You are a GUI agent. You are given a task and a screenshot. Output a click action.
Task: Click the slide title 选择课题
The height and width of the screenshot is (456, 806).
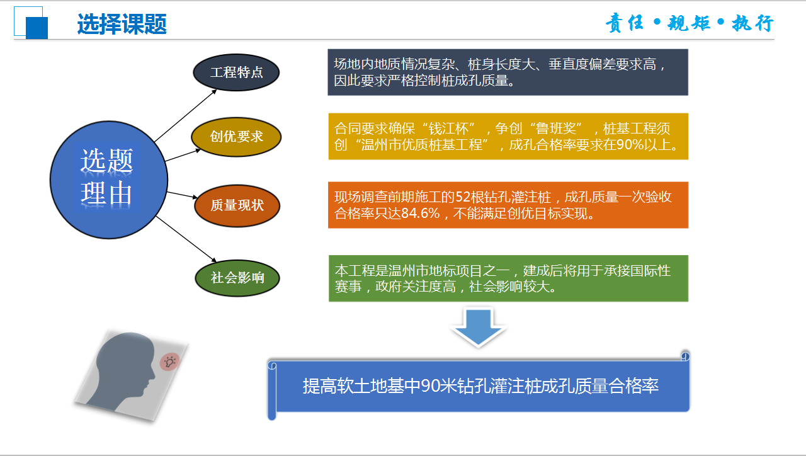[x=122, y=24]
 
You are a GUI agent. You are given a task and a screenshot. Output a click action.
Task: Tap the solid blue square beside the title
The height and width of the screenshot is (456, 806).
[x=37, y=28]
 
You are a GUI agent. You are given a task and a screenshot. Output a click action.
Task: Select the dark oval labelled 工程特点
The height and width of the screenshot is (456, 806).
[x=236, y=72]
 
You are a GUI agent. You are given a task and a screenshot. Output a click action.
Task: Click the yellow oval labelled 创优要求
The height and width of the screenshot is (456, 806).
[x=236, y=137]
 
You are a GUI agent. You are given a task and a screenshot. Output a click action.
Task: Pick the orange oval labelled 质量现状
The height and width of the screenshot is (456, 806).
[x=237, y=205]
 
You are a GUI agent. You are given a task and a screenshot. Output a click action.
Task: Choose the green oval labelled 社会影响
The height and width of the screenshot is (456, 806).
[x=237, y=278]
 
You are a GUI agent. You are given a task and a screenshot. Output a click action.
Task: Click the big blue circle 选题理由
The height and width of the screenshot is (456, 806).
[x=109, y=180]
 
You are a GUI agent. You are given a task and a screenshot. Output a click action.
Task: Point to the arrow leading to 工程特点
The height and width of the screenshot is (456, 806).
[x=186, y=115]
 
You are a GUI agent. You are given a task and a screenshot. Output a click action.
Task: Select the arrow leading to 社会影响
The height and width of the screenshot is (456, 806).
[x=186, y=239]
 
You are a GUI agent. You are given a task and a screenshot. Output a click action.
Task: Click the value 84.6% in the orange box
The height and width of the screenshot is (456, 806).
[x=420, y=214]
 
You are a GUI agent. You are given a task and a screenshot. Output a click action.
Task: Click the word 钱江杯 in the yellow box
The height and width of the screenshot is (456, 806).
[x=449, y=128]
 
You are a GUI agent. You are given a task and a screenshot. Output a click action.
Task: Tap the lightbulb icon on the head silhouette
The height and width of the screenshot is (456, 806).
[x=170, y=362]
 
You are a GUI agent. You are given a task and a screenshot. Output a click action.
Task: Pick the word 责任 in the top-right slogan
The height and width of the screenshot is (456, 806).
[x=624, y=23]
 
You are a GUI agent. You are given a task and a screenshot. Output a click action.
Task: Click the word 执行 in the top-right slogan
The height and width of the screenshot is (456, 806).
[x=752, y=23]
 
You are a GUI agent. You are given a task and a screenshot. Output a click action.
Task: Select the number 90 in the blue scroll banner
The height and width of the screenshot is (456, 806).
[x=430, y=386]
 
